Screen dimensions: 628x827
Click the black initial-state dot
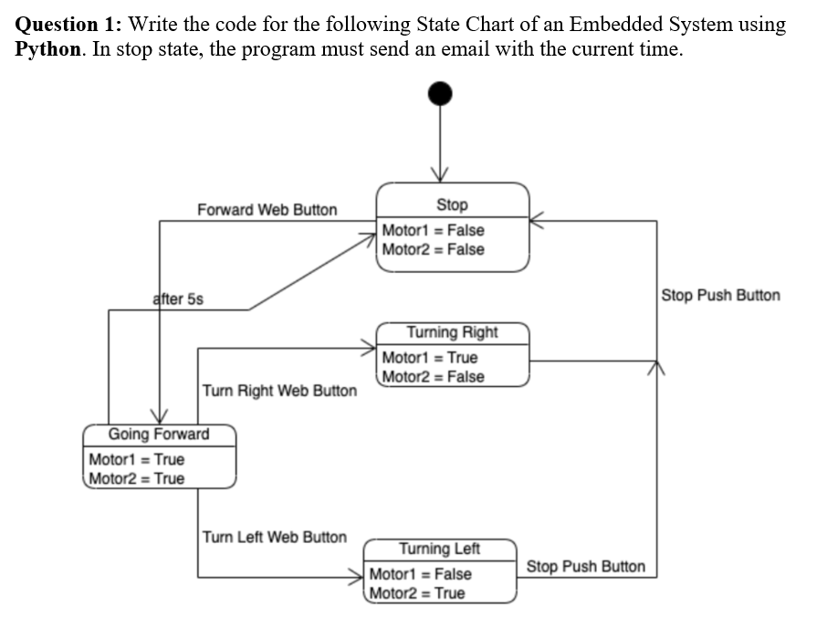pos(441,93)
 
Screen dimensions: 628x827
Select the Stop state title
pos(452,204)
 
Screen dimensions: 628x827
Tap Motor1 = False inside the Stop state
pos(433,230)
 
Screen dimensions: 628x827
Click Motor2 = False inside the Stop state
pos(433,249)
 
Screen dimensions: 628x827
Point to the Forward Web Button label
pos(267,210)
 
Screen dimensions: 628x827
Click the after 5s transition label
pos(178,298)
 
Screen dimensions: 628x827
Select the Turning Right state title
pos(452,331)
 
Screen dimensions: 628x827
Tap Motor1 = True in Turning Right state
pos(429,357)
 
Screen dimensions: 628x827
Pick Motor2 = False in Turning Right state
pos(433,376)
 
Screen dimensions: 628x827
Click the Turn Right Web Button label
pos(279,391)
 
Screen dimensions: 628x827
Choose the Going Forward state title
pos(159,434)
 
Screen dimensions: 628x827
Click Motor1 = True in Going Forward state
pos(136,459)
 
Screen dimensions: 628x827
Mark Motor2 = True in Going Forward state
pos(136,478)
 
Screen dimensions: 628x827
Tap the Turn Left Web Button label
pos(274,537)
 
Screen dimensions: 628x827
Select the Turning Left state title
pos(439,549)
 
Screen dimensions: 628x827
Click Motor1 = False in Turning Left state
pos(420,574)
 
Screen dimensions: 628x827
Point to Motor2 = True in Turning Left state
pos(416,593)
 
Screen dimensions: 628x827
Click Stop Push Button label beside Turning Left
pos(585,567)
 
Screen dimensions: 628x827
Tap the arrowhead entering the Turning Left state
pos(359,577)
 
